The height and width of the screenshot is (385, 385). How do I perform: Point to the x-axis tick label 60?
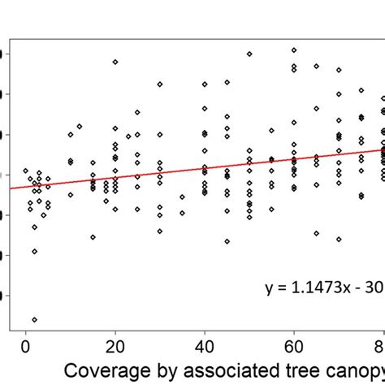coord(293,344)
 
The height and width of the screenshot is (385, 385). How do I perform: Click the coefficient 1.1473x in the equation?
coord(318,287)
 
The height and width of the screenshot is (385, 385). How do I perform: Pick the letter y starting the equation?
coord(270,288)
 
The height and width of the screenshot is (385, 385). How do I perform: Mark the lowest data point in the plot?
coord(34,319)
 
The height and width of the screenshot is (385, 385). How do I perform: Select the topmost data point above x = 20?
coord(115,62)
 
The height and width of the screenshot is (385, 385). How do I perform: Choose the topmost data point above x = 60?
coord(294,50)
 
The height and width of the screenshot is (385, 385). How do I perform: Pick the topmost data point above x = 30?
coord(160,84)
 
